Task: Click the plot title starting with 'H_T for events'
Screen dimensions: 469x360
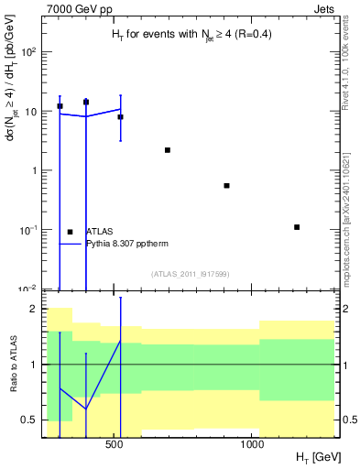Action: pos(190,36)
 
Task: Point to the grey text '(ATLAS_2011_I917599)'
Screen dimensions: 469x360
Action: pos(190,274)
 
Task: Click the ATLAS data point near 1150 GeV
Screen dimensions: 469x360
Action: pos(297,227)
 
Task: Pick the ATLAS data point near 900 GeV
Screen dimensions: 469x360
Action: pos(226,186)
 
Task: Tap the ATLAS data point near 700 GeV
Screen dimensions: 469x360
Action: pos(168,150)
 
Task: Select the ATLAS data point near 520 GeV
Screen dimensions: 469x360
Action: pos(120,117)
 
